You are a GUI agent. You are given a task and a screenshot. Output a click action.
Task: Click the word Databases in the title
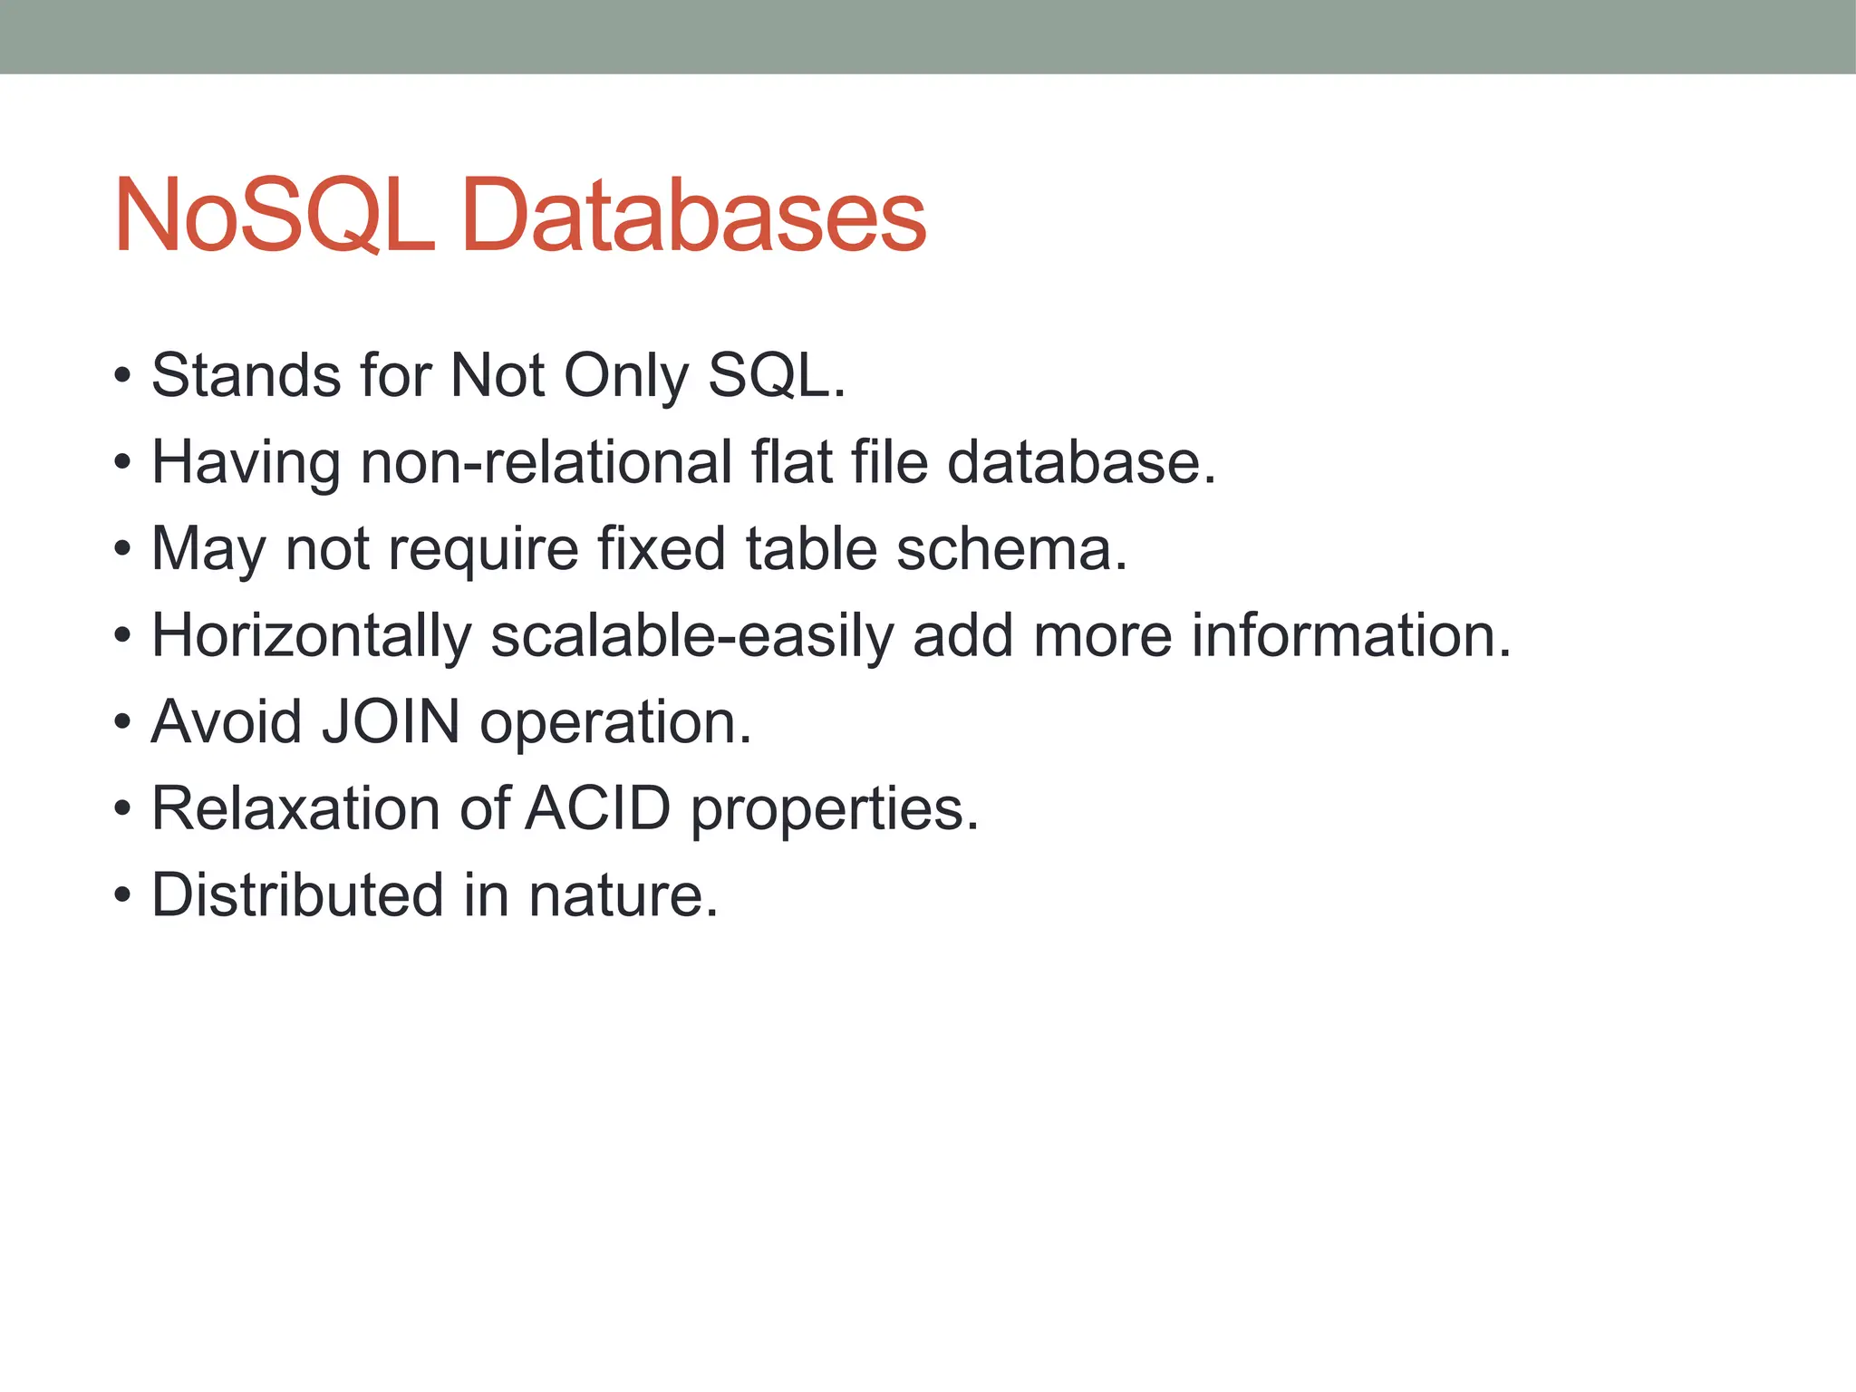pyautogui.click(x=693, y=216)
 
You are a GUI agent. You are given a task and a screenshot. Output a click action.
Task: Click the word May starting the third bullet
pyautogui.click(x=208, y=550)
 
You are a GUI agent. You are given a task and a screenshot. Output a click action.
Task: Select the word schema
pyautogui.click(x=1010, y=548)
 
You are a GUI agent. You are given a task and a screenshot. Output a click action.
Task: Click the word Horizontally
pyautogui.click(x=312, y=636)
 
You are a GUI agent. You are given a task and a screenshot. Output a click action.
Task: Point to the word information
pyautogui.click(x=1350, y=634)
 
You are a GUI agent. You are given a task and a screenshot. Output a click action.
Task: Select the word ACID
pyautogui.click(x=598, y=807)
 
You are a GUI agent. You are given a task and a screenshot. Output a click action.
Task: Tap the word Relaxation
pyautogui.click(x=295, y=807)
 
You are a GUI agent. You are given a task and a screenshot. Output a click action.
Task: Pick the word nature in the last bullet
pyautogui.click(x=623, y=894)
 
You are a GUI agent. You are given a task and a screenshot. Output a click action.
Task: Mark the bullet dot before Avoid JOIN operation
pyautogui.click(x=122, y=723)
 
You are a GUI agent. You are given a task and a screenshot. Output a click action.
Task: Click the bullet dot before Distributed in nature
pyautogui.click(x=122, y=896)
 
